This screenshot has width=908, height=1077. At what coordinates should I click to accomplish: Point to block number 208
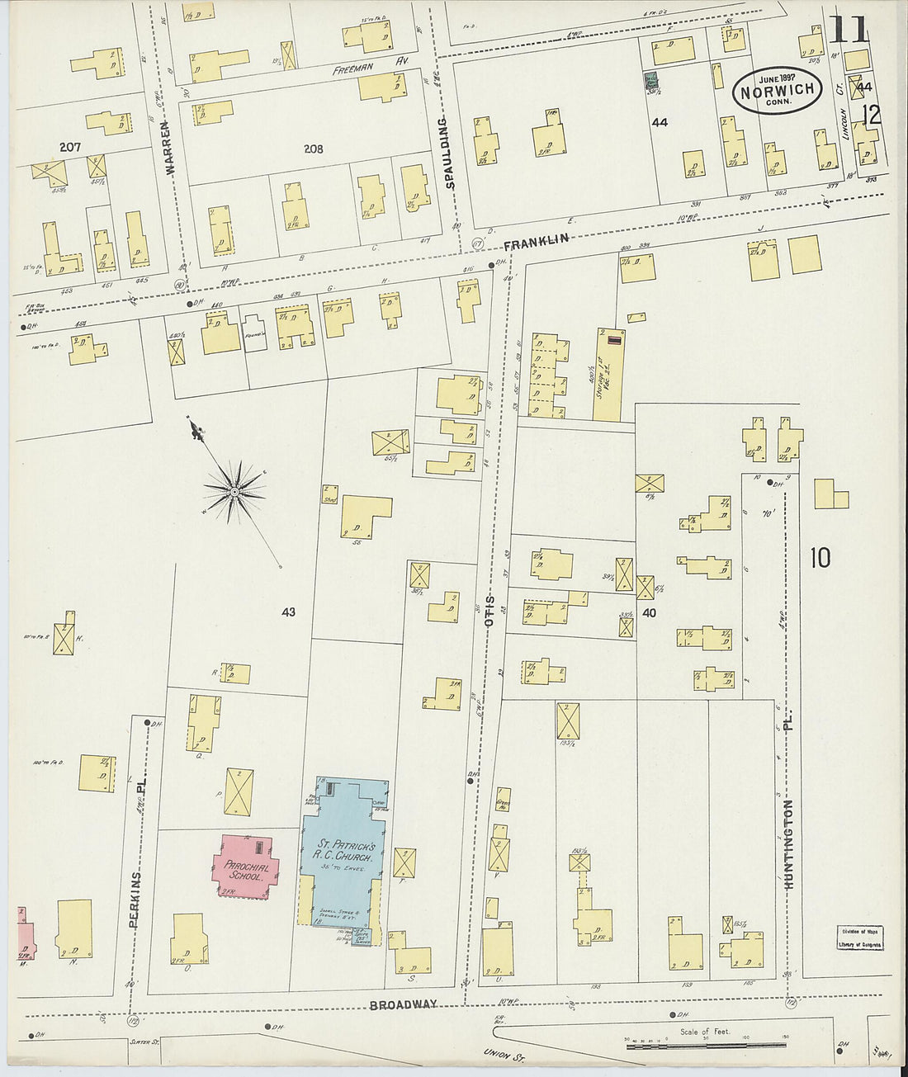313,149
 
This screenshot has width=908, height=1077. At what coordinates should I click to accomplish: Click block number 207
70,147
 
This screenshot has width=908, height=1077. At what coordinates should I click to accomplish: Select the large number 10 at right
820,559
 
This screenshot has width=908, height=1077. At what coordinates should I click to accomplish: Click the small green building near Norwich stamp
651,81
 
